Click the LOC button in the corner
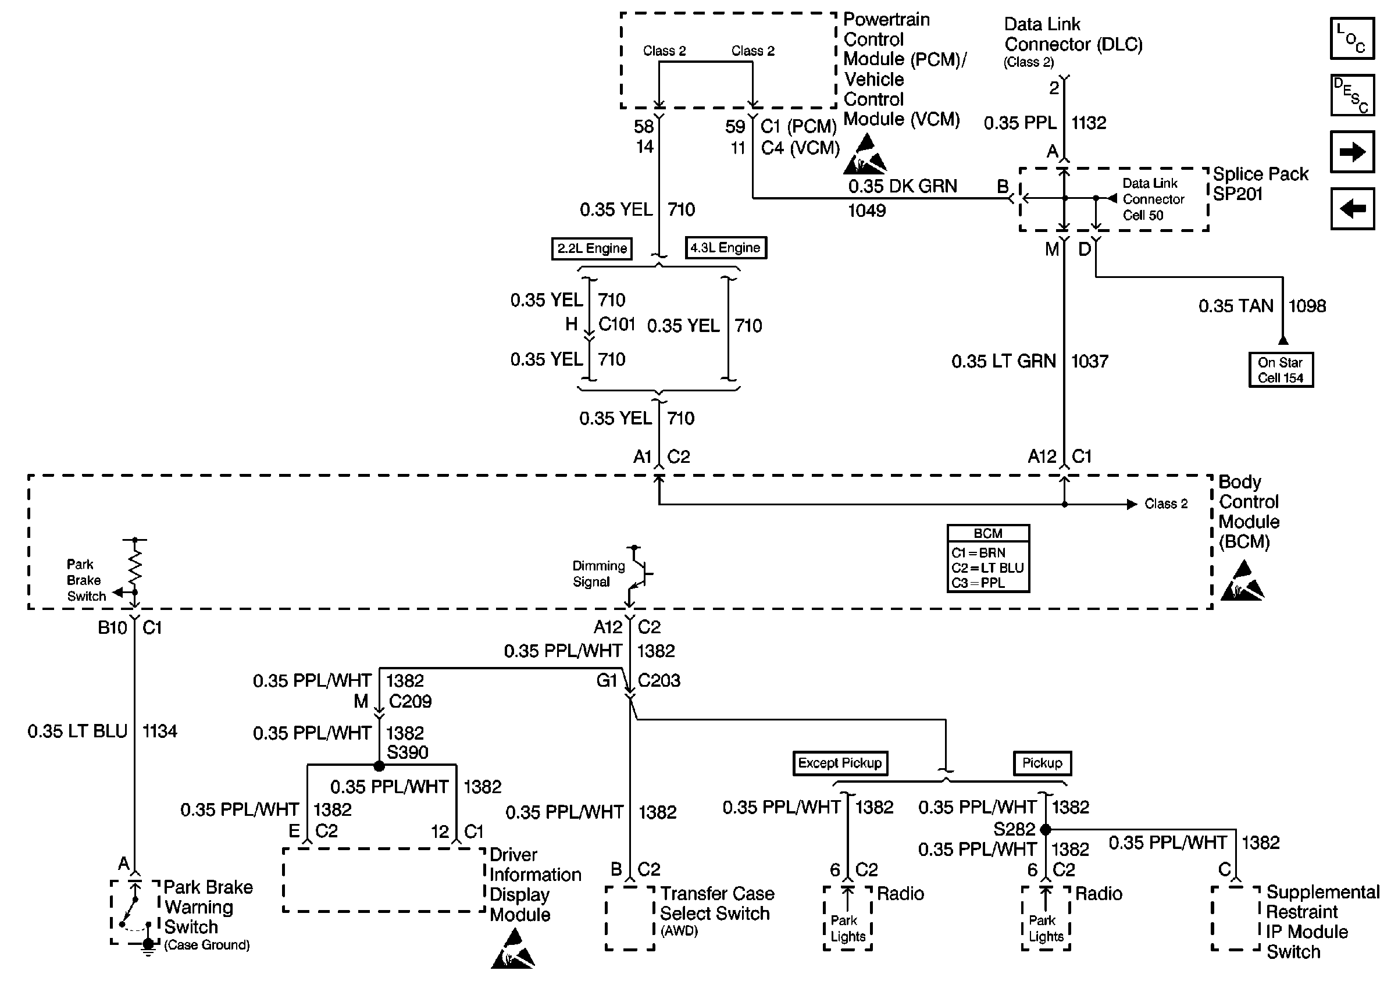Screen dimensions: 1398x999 (x=1352, y=38)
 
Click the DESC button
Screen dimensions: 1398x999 (x=1352, y=95)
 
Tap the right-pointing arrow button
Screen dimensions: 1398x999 (x=1352, y=151)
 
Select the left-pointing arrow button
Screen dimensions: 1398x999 (x=1352, y=209)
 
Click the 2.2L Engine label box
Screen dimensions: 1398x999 (x=591, y=248)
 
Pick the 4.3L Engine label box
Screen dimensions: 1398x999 (x=726, y=248)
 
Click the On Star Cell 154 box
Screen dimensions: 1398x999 (x=1281, y=370)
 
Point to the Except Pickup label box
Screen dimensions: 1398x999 (x=840, y=763)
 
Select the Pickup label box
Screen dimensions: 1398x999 (x=1042, y=763)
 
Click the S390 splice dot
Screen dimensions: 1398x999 (x=380, y=766)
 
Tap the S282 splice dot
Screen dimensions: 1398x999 (x=1045, y=829)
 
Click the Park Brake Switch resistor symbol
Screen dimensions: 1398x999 (x=135, y=564)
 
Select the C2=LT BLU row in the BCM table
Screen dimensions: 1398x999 (x=988, y=568)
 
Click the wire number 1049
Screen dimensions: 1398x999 (x=866, y=211)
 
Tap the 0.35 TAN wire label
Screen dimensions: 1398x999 (x=1236, y=306)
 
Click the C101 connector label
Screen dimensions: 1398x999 (x=616, y=324)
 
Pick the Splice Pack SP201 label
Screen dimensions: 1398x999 (x=1260, y=184)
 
